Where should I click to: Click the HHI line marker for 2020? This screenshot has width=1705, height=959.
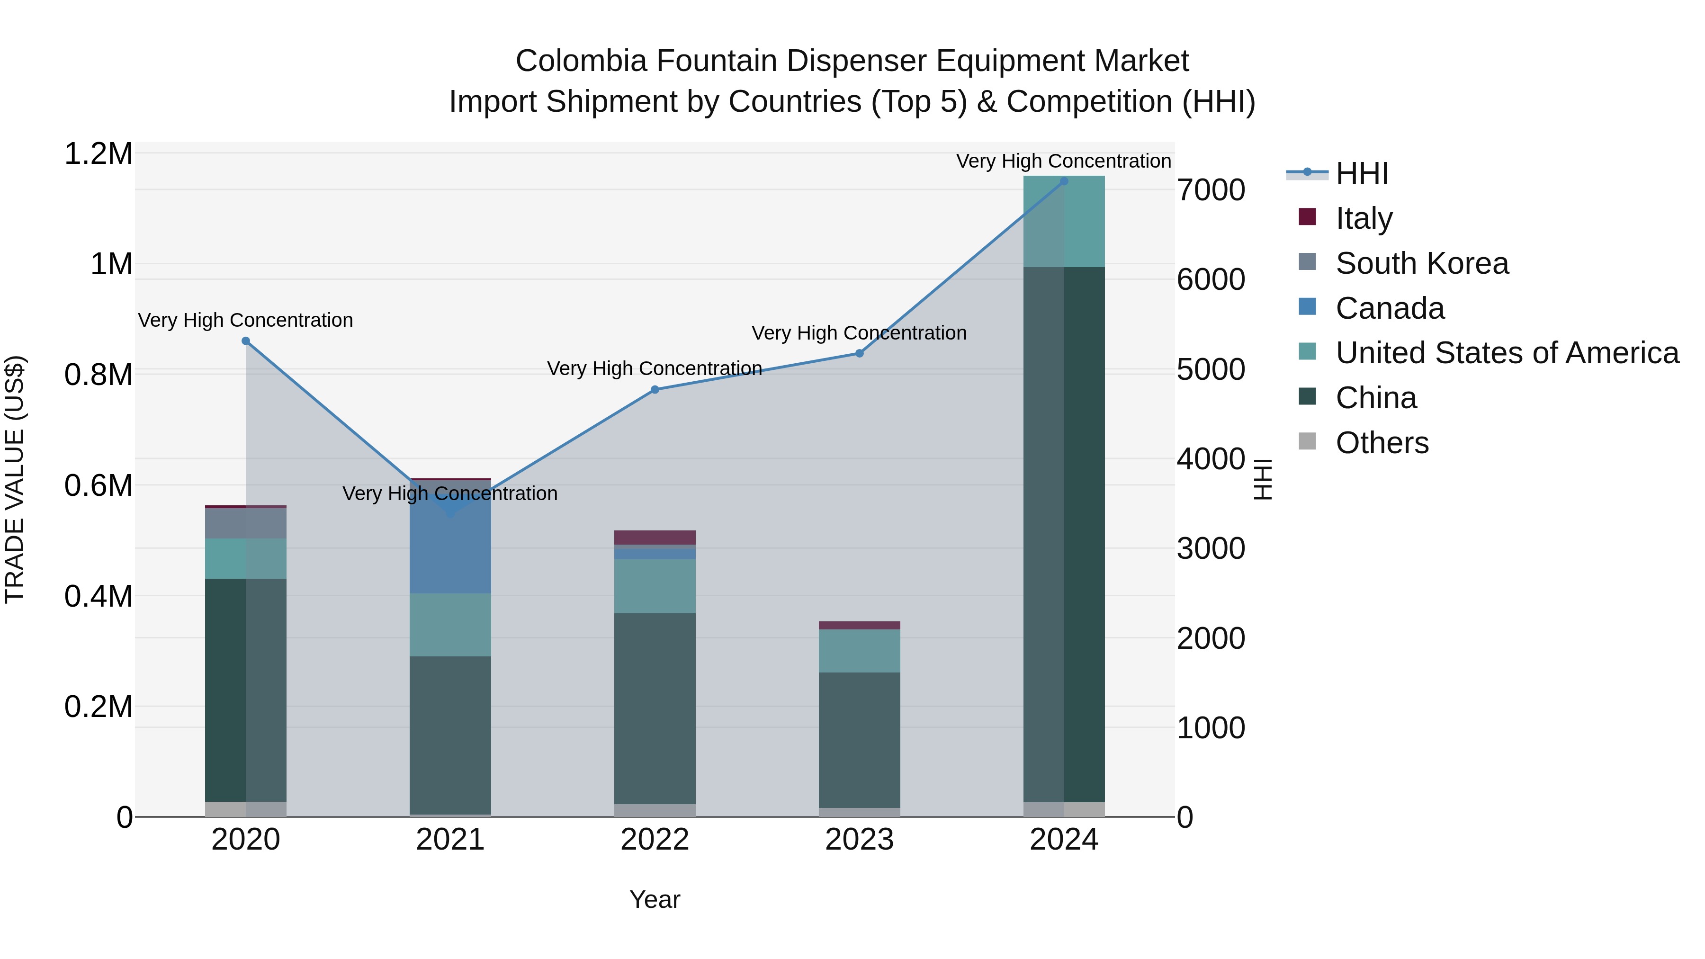[245, 341]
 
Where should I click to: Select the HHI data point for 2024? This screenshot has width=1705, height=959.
[1064, 181]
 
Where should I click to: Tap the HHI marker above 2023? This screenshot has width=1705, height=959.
[859, 353]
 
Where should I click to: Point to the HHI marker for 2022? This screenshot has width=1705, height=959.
[655, 390]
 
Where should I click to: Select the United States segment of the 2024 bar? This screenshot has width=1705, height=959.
[1064, 222]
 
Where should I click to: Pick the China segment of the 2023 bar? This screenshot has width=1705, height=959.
[859, 740]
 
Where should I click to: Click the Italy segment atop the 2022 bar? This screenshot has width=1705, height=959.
[655, 538]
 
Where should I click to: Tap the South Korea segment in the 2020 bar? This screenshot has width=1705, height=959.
[245, 523]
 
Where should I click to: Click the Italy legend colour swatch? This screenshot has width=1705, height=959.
[1307, 216]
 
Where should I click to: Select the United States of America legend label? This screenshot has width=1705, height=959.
[1507, 353]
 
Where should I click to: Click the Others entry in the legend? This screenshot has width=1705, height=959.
[1382, 443]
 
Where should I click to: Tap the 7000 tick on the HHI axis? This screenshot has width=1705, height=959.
[1211, 190]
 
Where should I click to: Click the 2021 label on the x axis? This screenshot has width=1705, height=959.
[450, 840]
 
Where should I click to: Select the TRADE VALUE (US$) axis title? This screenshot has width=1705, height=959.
[15, 479]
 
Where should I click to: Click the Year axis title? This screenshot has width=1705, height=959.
[655, 899]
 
